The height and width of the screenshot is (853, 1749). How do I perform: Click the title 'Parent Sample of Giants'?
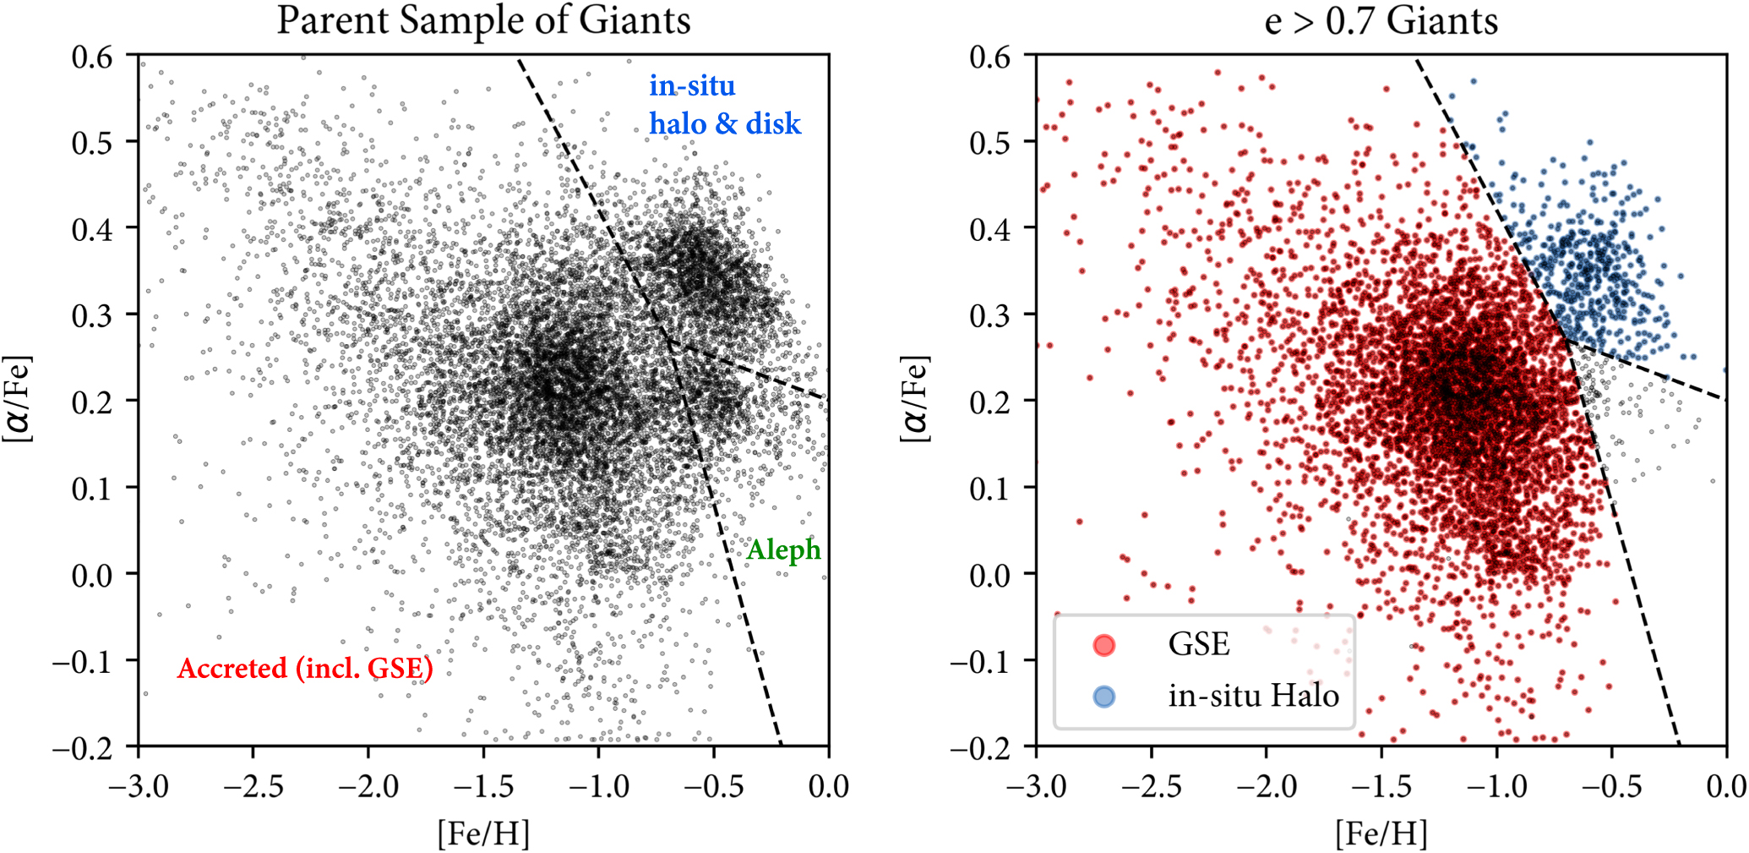click(483, 20)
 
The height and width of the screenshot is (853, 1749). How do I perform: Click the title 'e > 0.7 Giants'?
click(1381, 20)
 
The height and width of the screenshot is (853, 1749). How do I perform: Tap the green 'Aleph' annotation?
click(783, 550)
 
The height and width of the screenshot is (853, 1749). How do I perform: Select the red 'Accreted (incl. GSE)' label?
click(305, 669)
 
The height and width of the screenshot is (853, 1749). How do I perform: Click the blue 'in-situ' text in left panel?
click(692, 86)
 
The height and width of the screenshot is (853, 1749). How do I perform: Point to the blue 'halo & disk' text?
click(724, 123)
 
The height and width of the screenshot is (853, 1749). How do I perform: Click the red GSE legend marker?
click(1103, 645)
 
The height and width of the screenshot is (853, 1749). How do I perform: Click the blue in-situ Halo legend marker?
click(1103, 697)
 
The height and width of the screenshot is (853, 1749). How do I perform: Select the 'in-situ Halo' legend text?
click(1253, 697)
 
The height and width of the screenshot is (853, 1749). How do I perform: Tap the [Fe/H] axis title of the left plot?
click(483, 834)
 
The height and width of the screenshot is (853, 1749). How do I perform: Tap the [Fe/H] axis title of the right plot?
click(1381, 834)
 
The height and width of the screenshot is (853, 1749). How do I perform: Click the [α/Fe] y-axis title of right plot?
click(916, 399)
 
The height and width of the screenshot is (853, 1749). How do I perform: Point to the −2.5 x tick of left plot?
click(253, 787)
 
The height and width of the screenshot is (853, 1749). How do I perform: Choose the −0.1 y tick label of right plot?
click(980, 661)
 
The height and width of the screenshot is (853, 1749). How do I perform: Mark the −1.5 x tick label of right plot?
click(1381, 787)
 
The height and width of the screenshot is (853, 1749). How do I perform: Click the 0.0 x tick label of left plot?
click(828, 787)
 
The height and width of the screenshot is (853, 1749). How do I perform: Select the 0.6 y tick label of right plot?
click(989, 57)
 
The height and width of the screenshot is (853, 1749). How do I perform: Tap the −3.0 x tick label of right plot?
click(1036, 787)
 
